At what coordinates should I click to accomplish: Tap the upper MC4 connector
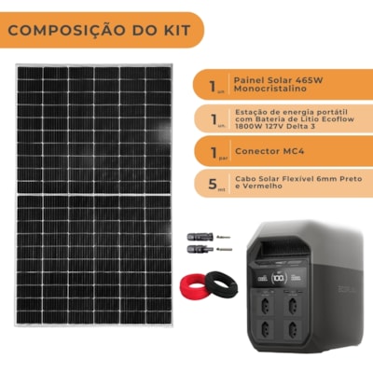pos(204,238)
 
